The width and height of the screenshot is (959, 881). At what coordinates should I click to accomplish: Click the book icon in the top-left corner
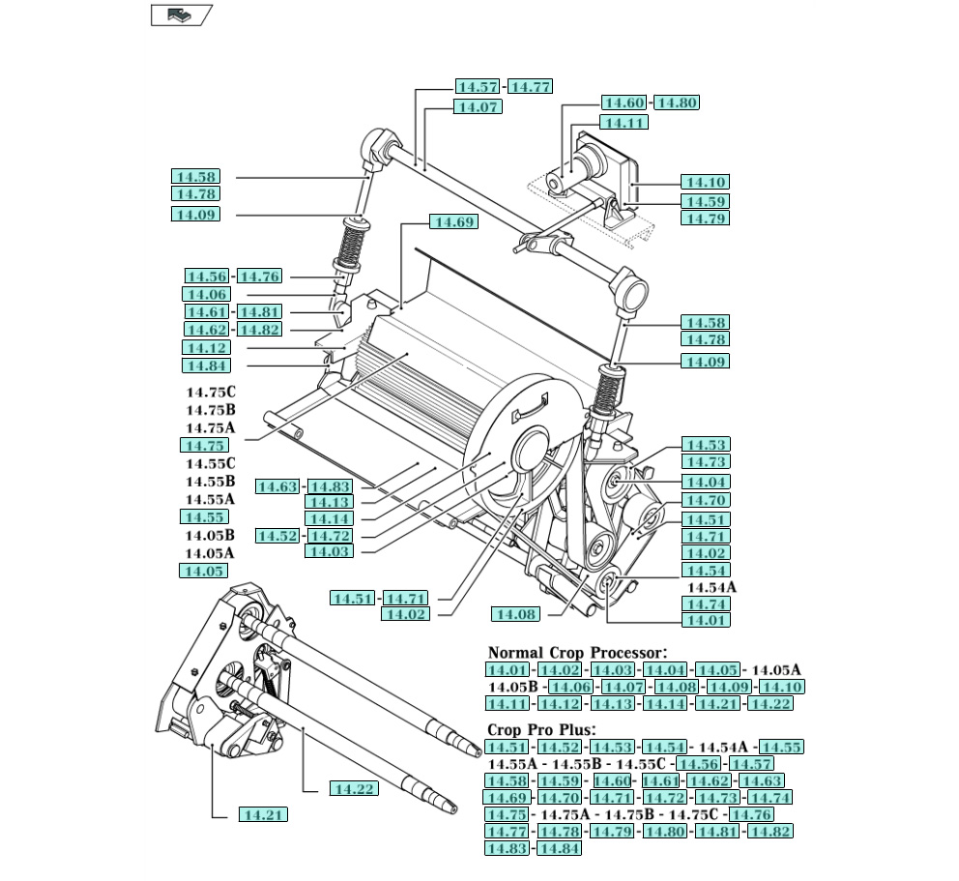pos(181,15)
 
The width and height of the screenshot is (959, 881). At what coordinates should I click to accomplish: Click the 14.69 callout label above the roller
pos(453,222)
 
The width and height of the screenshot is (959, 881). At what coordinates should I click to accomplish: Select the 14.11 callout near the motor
pos(623,123)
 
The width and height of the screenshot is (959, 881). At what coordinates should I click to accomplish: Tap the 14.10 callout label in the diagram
pos(705,182)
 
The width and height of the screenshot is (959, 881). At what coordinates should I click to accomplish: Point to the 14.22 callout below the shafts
pos(353,789)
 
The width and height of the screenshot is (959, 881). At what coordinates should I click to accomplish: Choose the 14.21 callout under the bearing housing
pos(263,815)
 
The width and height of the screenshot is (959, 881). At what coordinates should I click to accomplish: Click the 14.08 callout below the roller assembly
pos(515,614)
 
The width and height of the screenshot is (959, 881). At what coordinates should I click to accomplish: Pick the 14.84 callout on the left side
pos(206,366)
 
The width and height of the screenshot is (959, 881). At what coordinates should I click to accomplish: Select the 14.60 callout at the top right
pos(625,103)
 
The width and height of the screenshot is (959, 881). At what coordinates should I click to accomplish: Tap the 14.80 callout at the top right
pos(676,103)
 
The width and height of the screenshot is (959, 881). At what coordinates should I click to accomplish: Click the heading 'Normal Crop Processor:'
pos(577,654)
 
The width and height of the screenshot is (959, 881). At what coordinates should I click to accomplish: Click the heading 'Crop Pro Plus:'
pos(541,730)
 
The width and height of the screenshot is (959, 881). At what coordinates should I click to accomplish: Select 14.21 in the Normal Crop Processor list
pos(717,703)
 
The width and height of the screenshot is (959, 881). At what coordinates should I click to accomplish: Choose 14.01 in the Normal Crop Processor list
pos(508,670)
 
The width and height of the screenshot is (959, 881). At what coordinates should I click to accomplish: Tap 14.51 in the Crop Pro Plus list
pos(508,747)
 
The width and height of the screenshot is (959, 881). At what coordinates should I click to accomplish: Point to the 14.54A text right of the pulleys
pos(712,587)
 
